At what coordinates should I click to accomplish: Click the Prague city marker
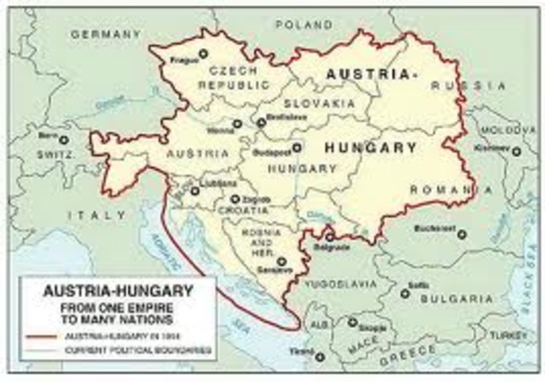tap(203, 54)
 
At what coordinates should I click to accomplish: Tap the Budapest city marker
tap(296, 147)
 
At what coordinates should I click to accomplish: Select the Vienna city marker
tap(237, 124)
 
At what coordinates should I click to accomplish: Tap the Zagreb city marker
tap(235, 198)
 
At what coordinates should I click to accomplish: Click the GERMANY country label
tap(105, 34)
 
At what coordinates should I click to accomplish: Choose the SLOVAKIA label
tap(319, 102)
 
